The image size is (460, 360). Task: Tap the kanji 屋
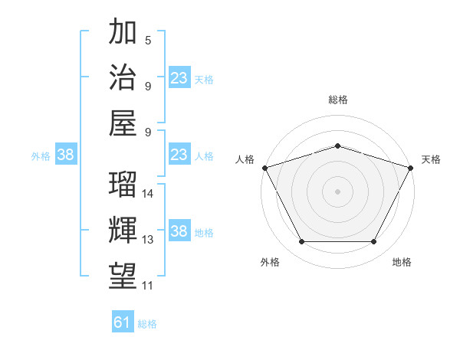point(123,123)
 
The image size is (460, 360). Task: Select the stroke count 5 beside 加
point(147,40)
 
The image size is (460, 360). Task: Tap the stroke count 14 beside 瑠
point(149,193)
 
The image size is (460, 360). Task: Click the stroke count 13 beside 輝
point(149,240)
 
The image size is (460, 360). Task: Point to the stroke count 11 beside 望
point(148,286)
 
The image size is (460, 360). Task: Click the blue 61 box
point(123,323)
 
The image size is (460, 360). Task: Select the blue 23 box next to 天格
point(179,78)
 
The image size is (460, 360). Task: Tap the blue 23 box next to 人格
point(179,155)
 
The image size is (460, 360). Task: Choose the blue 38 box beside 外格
point(65,155)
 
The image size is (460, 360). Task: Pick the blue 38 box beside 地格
point(179,232)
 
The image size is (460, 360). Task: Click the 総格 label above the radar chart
point(337,100)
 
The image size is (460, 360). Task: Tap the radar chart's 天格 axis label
point(431,159)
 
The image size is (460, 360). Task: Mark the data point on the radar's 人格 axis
point(264,168)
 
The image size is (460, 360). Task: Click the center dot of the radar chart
point(337,191)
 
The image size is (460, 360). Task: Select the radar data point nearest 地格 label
point(374,242)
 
